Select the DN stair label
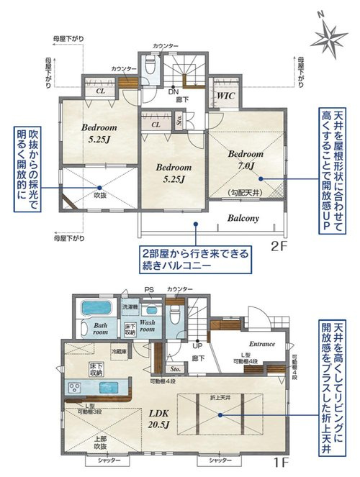[174, 91]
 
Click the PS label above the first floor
[149, 289]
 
